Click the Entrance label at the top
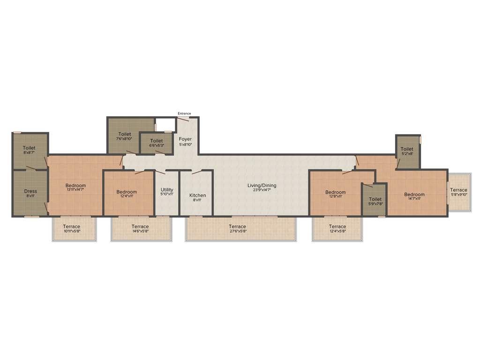(x=184, y=113)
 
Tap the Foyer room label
(x=186, y=139)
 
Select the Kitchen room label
(x=197, y=195)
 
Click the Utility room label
(x=167, y=190)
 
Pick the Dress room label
(x=30, y=191)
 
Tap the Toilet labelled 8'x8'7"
(x=30, y=148)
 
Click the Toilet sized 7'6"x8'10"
(x=125, y=134)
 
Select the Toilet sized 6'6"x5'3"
(x=157, y=141)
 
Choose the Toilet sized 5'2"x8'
(x=407, y=149)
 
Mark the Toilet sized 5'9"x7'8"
(x=375, y=199)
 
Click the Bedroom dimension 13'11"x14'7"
(x=75, y=190)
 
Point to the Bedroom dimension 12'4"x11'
(x=127, y=196)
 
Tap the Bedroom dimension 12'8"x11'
(x=335, y=196)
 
